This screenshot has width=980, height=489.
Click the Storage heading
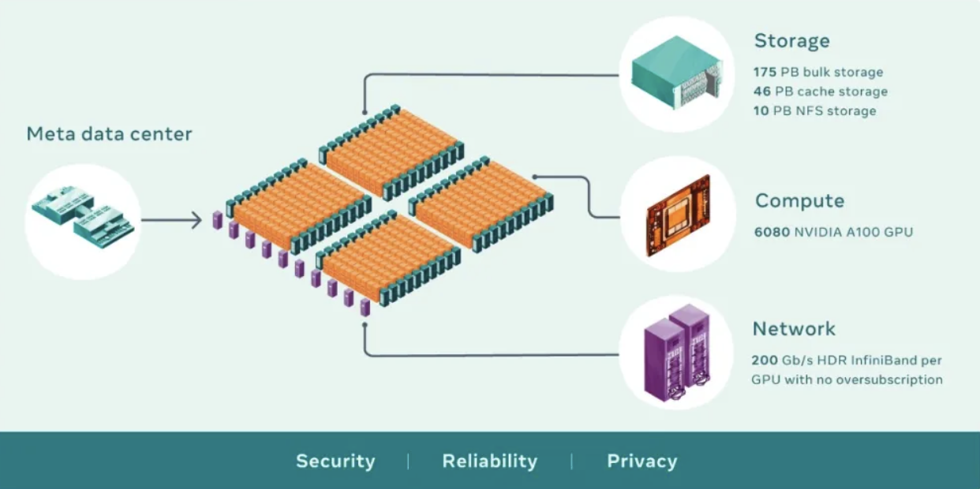tap(791, 41)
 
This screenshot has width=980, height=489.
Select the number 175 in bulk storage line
tap(765, 73)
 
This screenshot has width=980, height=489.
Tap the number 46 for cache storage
tap(762, 92)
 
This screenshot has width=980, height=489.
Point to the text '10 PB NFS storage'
tap(814, 111)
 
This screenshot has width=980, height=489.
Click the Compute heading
tap(799, 201)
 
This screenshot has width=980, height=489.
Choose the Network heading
tap(794, 329)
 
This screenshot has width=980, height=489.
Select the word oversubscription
tap(891, 379)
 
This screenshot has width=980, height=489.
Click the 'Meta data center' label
tap(109, 134)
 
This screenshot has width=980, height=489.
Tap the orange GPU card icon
tap(678, 215)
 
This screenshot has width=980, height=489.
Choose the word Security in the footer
tap(335, 461)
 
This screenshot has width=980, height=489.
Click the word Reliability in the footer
tap(489, 461)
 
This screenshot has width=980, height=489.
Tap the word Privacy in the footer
tap(641, 461)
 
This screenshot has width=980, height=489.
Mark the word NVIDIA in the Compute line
tap(826, 233)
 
